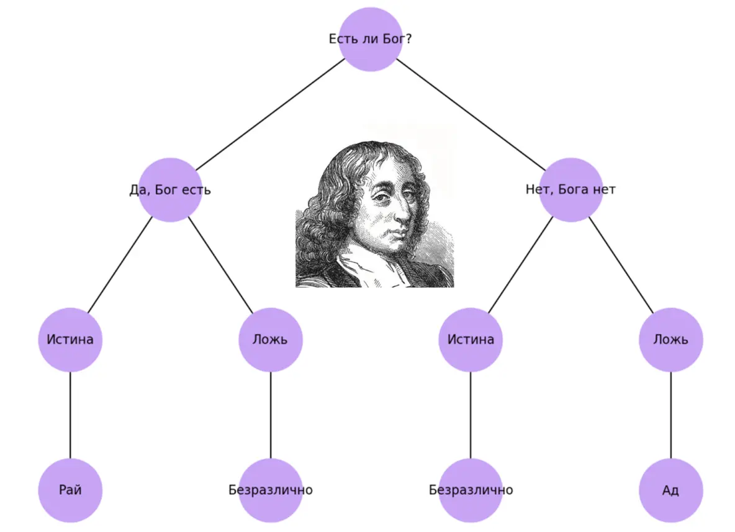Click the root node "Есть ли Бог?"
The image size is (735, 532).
coord(371,39)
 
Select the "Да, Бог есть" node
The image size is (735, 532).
coord(170,189)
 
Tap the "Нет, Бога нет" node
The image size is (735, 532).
coord(570,189)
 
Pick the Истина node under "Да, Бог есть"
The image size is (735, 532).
coord(70,340)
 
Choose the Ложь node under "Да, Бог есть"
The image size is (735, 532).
coord(271,340)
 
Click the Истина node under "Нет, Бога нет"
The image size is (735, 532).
coord(471,340)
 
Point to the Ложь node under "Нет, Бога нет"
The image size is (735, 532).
coord(671,340)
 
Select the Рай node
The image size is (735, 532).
coord(70,490)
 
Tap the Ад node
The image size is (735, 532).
coord(671,490)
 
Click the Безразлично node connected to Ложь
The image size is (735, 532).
coord(271,490)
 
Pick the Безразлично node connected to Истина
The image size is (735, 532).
coord(471,490)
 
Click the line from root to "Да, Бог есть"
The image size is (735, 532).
coord(270,114)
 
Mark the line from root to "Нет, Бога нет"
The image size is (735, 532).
coord(471,114)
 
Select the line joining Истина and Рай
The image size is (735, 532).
coord(70,415)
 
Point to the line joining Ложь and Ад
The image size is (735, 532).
coord(671,415)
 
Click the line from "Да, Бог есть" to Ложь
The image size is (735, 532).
coord(220,264)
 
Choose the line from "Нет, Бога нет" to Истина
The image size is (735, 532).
coord(520,264)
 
